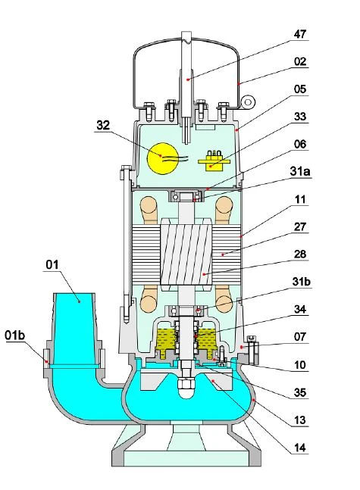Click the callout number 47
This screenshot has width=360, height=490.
click(299, 34)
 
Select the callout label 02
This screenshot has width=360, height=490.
click(299, 61)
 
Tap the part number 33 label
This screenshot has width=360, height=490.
click(299, 117)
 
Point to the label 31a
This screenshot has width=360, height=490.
click(299, 172)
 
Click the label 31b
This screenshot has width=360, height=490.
click(301, 282)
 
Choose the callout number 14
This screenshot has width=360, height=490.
click(299, 448)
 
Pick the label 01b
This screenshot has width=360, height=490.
click(14, 336)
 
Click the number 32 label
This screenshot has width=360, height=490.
click(103, 125)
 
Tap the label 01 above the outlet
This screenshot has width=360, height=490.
click(52, 264)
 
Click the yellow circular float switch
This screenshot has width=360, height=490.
click(163, 158)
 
